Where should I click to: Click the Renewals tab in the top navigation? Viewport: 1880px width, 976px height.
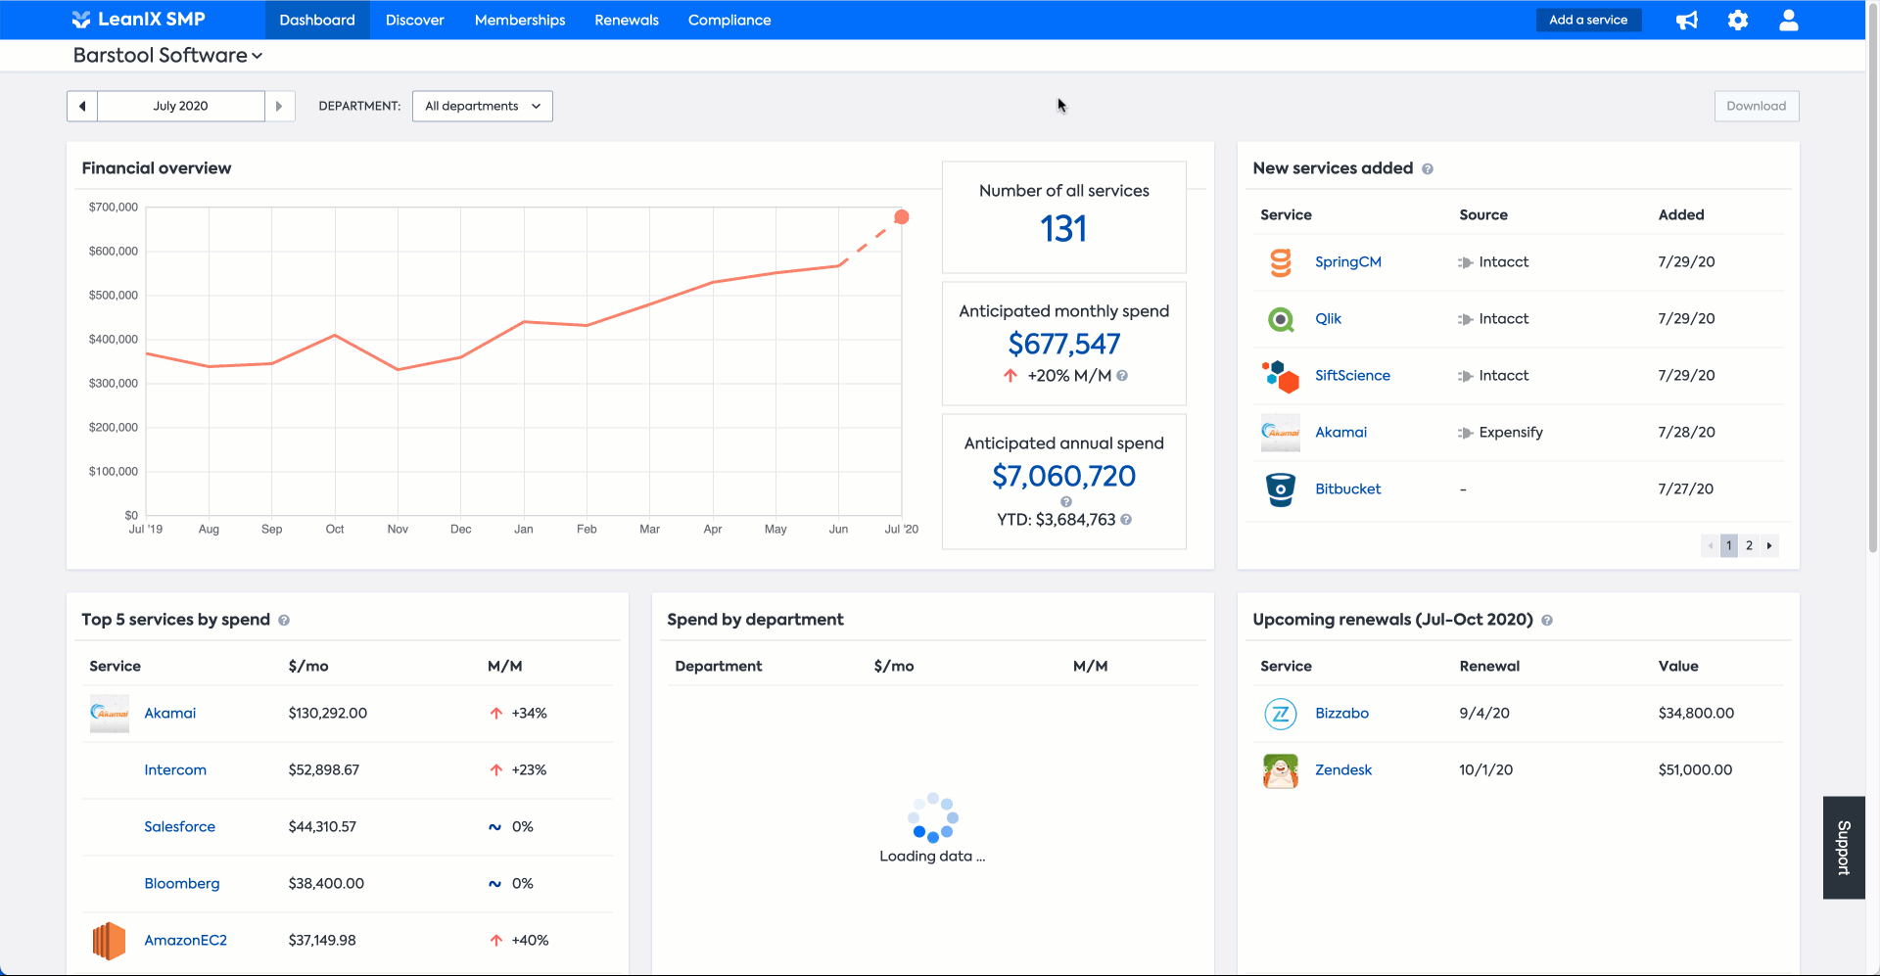[627, 21]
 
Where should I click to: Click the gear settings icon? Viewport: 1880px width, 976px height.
[1738, 21]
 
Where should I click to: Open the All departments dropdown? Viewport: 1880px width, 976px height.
[483, 106]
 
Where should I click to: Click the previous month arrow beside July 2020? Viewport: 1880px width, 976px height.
[82, 106]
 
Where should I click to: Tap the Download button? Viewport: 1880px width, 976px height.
[1756, 106]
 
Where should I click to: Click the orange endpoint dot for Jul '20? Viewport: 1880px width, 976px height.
[902, 217]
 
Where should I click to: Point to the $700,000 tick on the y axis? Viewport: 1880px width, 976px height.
[114, 208]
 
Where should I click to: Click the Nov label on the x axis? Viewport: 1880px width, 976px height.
[398, 530]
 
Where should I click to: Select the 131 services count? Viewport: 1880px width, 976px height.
[1063, 229]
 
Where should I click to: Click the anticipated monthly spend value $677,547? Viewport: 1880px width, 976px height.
[1063, 344]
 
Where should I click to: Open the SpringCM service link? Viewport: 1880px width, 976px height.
[1347, 262]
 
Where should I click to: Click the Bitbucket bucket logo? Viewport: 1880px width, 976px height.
[1280, 489]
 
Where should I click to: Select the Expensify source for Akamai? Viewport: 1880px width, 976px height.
[1510, 433]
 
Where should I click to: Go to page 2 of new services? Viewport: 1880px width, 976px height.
[1749, 546]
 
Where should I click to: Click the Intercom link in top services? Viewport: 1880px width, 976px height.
[175, 770]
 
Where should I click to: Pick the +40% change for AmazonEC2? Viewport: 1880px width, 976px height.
[530, 941]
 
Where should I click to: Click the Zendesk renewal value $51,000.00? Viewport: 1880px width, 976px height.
[1695, 770]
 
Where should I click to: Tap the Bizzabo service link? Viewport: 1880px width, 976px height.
[1341, 714]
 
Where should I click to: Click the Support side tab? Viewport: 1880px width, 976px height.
[1844, 848]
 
